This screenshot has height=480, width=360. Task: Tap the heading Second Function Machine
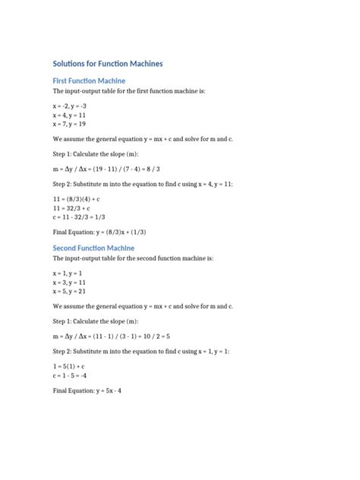point(93,248)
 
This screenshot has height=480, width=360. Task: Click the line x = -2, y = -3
point(71,106)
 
